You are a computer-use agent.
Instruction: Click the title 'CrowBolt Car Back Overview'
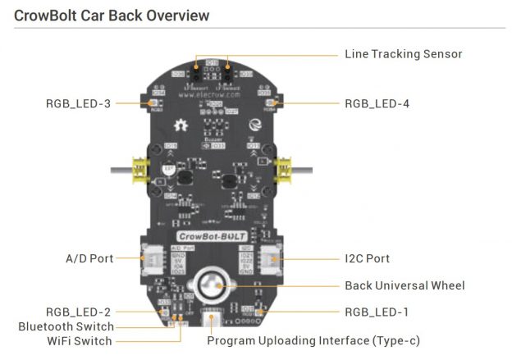pyautogui.click(x=112, y=15)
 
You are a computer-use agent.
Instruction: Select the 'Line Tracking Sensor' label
pyautogui.click(x=403, y=54)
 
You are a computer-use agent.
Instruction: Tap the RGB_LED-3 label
pyautogui.click(x=79, y=103)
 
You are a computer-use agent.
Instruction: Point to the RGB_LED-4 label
pyautogui.click(x=377, y=103)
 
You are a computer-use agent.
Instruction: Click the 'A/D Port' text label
pyautogui.click(x=89, y=258)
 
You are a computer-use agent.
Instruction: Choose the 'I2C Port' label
pyautogui.click(x=367, y=258)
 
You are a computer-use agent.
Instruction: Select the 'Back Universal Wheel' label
pyautogui.click(x=405, y=285)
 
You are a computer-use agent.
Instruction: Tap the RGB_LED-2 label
pyautogui.click(x=79, y=312)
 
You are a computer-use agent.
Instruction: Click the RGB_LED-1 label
pyautogui.click(x=377, y=312)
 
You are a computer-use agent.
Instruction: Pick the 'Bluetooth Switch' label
pyautogui.click(x=66, y=326)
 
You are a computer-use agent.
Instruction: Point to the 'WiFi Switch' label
pyautogui.click(x=80, y=340)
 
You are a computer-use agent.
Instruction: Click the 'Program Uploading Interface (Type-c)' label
pyautogui.click(x=313, y=340)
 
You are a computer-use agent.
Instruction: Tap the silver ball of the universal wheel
pyautogui.click(x=212, y=287)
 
